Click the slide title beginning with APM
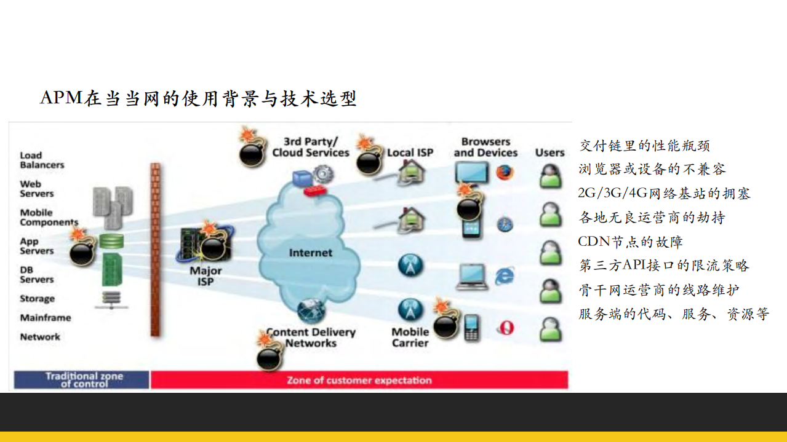[x=198, y=98]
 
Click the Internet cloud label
[x=310, y=253]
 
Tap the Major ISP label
[x=206, y=276]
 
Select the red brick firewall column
[x=156, y=249]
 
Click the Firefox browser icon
[x=505, y=173]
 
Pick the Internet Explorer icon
[x=505, y=276]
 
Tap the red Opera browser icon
[x=505, y=328]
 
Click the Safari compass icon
[x=505, y=224]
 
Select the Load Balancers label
[x=42, y=160]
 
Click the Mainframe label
[x=46, y=318]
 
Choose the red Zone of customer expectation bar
[x=359, y=380]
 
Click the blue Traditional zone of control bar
[x=82, y=379]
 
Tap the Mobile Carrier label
[x=410, y=337]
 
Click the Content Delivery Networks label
[x=311, y=337]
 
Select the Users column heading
[x=549, y=152]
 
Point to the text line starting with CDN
[x=630, y=242]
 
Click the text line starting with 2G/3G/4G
[x=664, y=193]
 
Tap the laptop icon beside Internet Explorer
[x=472, y=277]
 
